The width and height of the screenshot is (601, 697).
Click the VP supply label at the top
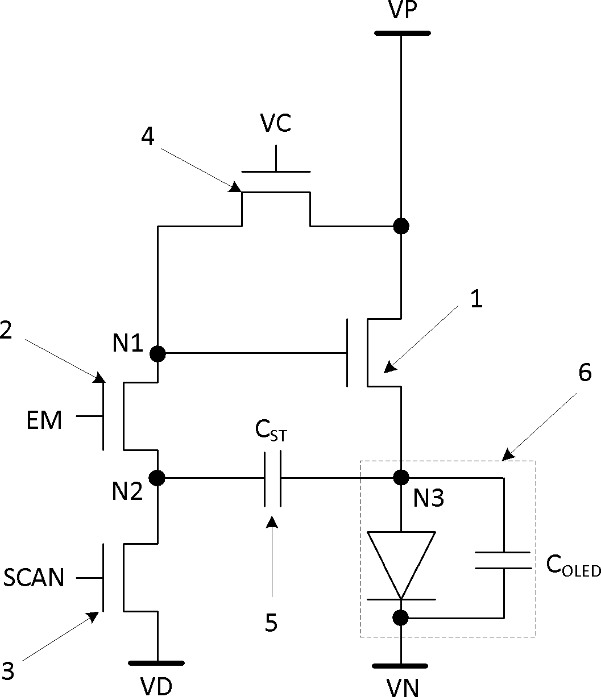402,10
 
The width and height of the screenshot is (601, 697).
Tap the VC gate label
275,123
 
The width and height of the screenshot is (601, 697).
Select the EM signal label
44,420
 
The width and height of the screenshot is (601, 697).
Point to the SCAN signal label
34,578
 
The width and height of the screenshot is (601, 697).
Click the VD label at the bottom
156,687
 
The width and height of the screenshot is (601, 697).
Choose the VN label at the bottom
402,687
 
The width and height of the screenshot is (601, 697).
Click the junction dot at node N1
157,354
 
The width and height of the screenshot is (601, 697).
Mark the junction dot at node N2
157,478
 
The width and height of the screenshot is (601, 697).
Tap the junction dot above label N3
401,478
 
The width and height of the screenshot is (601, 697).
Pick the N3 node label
428,498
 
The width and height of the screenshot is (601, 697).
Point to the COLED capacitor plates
503,560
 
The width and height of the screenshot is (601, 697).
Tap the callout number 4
147,137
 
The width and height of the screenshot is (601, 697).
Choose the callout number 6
585,373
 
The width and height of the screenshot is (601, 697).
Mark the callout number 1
476,298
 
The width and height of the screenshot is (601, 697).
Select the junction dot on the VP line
401,226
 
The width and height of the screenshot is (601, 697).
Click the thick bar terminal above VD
156,663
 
